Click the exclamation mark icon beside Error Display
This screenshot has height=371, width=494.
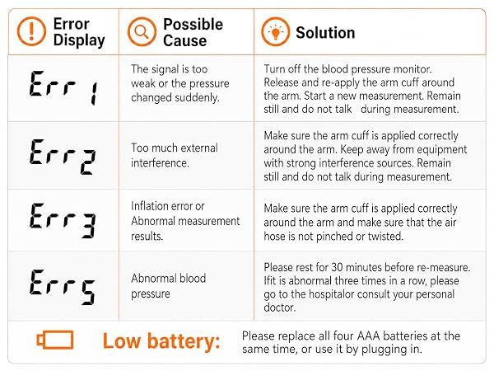(31, 31)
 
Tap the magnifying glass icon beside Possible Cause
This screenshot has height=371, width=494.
(142, 32)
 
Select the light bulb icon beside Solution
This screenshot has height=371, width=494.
(275, 32)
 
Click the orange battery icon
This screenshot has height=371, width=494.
(55, 340)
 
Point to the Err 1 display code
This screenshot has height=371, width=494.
(63, 87)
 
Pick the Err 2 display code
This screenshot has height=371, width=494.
(63, 157)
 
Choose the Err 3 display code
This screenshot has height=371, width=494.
(63, 220)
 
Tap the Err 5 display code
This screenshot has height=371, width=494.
(63, 287)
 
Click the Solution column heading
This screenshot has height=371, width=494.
(325, 32)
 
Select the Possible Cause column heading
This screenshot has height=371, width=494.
(193, 32)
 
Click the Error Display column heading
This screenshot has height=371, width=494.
(79, 32)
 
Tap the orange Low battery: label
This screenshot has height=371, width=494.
(161, 341)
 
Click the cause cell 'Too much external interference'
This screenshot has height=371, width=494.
(175, 155)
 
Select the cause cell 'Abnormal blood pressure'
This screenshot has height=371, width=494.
(169, 286)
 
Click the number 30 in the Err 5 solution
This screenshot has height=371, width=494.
(337, 267)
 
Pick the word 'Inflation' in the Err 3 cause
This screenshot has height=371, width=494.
(152, 206)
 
